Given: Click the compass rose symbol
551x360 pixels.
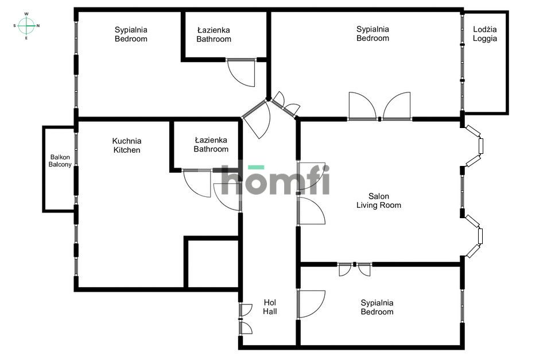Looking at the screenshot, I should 26,25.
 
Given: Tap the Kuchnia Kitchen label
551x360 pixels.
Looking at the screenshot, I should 127,145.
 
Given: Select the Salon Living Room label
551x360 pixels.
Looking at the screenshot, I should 379,200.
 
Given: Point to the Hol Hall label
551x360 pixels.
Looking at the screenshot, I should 270,307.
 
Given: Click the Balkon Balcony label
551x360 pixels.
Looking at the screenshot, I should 60,161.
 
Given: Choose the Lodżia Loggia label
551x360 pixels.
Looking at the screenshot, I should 485,34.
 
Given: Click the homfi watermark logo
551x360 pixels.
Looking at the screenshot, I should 275,180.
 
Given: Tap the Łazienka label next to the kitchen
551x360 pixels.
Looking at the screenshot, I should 211,145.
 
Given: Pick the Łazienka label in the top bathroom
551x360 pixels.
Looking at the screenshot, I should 214,34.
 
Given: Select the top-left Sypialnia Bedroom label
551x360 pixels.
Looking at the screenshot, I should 131,34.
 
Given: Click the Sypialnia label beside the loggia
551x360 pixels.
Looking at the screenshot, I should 372,33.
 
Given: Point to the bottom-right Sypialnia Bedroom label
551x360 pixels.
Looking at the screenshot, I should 377,307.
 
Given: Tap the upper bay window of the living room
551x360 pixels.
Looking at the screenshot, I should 477,146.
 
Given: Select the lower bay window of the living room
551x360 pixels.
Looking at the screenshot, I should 477,235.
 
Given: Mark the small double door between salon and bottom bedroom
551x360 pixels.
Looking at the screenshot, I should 355,269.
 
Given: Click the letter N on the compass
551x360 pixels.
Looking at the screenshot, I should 38,25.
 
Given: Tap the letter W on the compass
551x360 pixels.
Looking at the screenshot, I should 26,14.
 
